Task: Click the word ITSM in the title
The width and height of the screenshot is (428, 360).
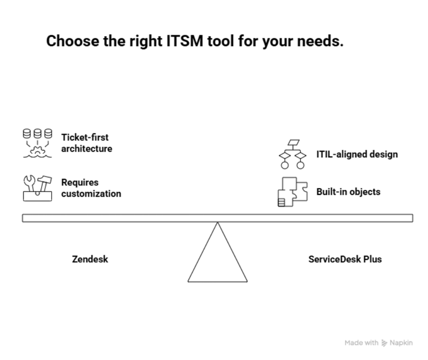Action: (185, 41)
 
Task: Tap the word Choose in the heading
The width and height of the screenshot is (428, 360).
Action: (73, 41)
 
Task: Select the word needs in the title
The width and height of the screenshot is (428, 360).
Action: (320, 41)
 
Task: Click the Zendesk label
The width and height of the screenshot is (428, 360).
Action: (90, 259)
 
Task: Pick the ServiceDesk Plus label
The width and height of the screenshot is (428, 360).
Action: (345, 259)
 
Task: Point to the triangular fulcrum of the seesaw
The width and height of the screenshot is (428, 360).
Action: (217, 252)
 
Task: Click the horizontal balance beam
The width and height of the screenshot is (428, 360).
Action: (217, 218)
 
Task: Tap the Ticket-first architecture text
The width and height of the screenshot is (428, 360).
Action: (87, 143)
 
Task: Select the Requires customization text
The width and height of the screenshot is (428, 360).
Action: (91, 188)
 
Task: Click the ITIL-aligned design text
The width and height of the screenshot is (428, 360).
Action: (357, 154)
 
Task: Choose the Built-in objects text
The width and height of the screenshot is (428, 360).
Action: (348, 192)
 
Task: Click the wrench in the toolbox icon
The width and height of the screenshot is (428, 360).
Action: (29, 183)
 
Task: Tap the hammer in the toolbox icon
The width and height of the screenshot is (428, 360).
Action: (44, 183)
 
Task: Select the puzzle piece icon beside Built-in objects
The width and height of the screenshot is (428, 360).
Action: (293, 192)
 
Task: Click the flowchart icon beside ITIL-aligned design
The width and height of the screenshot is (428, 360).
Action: (293, 154)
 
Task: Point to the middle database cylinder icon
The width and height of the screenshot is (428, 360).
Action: (37, 134)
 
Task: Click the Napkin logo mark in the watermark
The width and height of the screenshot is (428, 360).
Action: (384, 343)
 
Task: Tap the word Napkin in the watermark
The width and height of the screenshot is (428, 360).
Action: (401, 343)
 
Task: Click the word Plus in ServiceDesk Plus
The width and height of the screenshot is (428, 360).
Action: (372, 259)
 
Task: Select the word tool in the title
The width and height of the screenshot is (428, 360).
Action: (221, 41)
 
